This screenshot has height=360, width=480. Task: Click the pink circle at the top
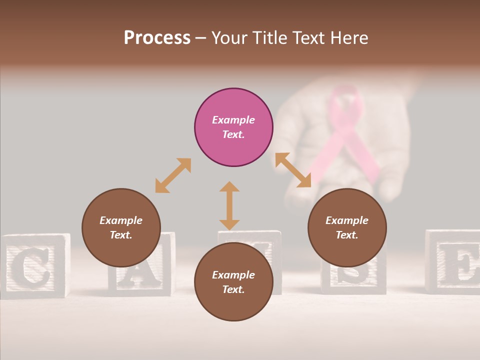coord(233,127)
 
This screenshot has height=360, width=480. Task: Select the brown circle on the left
coord(121,227)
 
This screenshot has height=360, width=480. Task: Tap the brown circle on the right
coord(347,227)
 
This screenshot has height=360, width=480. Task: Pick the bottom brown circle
coord(233,282)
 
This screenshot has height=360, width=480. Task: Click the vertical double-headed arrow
coord(229,205)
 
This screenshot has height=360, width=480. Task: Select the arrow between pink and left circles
coord(173,175)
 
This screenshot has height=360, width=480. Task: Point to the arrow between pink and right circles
coord(293,170)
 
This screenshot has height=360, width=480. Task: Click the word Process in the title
coord(157,38)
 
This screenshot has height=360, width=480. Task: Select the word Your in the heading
coord(230,38)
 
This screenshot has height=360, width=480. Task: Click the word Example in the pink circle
coord(233,120)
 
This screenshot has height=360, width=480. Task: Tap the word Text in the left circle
coord(120,235)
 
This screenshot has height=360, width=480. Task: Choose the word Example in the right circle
coord(347,220)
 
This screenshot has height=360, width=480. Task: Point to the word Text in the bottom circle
coord(233,289)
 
